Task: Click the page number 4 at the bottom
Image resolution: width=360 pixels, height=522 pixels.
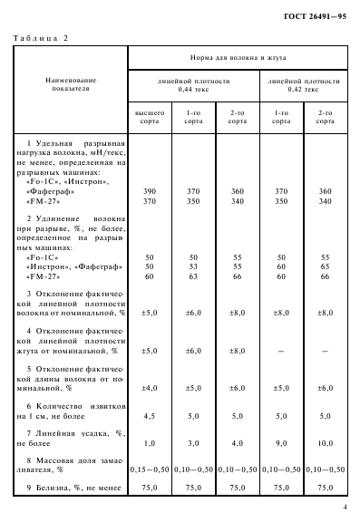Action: pyautogui.click(x=345, y=509)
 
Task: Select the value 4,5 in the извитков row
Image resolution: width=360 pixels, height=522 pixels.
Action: pyautogui.click(x=150, y=416)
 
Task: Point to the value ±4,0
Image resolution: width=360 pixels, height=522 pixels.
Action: pyautogui.click(x=150, y=389)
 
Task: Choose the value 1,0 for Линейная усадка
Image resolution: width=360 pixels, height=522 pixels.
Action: pyautogui.click(x=150, y=442)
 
